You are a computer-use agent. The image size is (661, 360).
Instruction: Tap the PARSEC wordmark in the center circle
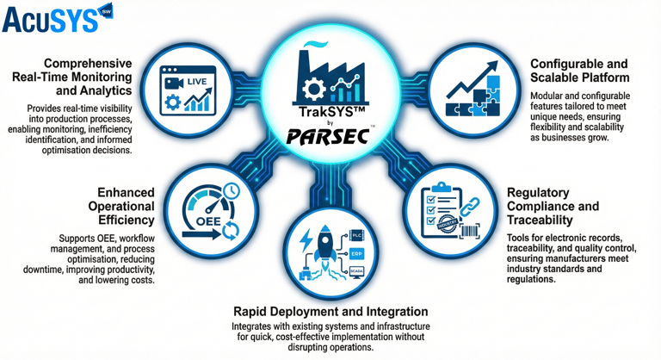(x=330, y=136)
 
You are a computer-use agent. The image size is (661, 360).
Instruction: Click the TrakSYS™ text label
(x=330, y=113)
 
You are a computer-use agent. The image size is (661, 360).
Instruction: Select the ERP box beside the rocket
(x=355, y=255)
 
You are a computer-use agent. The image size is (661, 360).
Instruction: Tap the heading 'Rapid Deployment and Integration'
(x=330, y=311)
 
